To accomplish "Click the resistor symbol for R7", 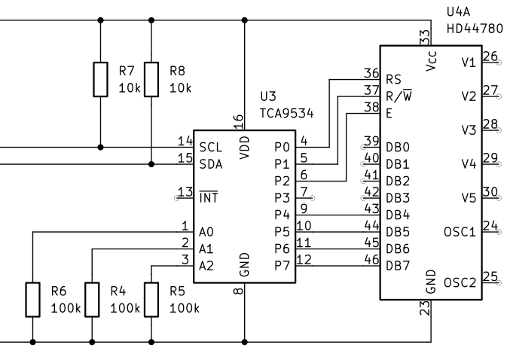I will click(100, 80).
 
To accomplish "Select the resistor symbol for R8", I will click(151, 80).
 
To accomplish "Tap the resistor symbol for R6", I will click(32, 299).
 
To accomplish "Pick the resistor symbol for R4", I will click(91, 299).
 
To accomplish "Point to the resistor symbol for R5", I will click(151, 299).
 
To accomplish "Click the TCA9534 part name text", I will click(286, 113).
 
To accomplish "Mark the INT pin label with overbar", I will click(209, 197).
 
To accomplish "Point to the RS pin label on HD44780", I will click(392, 79).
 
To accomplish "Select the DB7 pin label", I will click(398, 266).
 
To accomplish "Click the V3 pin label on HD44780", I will click(469, 130).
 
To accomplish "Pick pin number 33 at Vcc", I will click(426, 35).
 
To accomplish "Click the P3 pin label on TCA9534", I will click(282, 197).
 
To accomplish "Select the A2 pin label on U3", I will click(206, 265).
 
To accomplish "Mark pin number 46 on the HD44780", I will click(371, 258).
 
